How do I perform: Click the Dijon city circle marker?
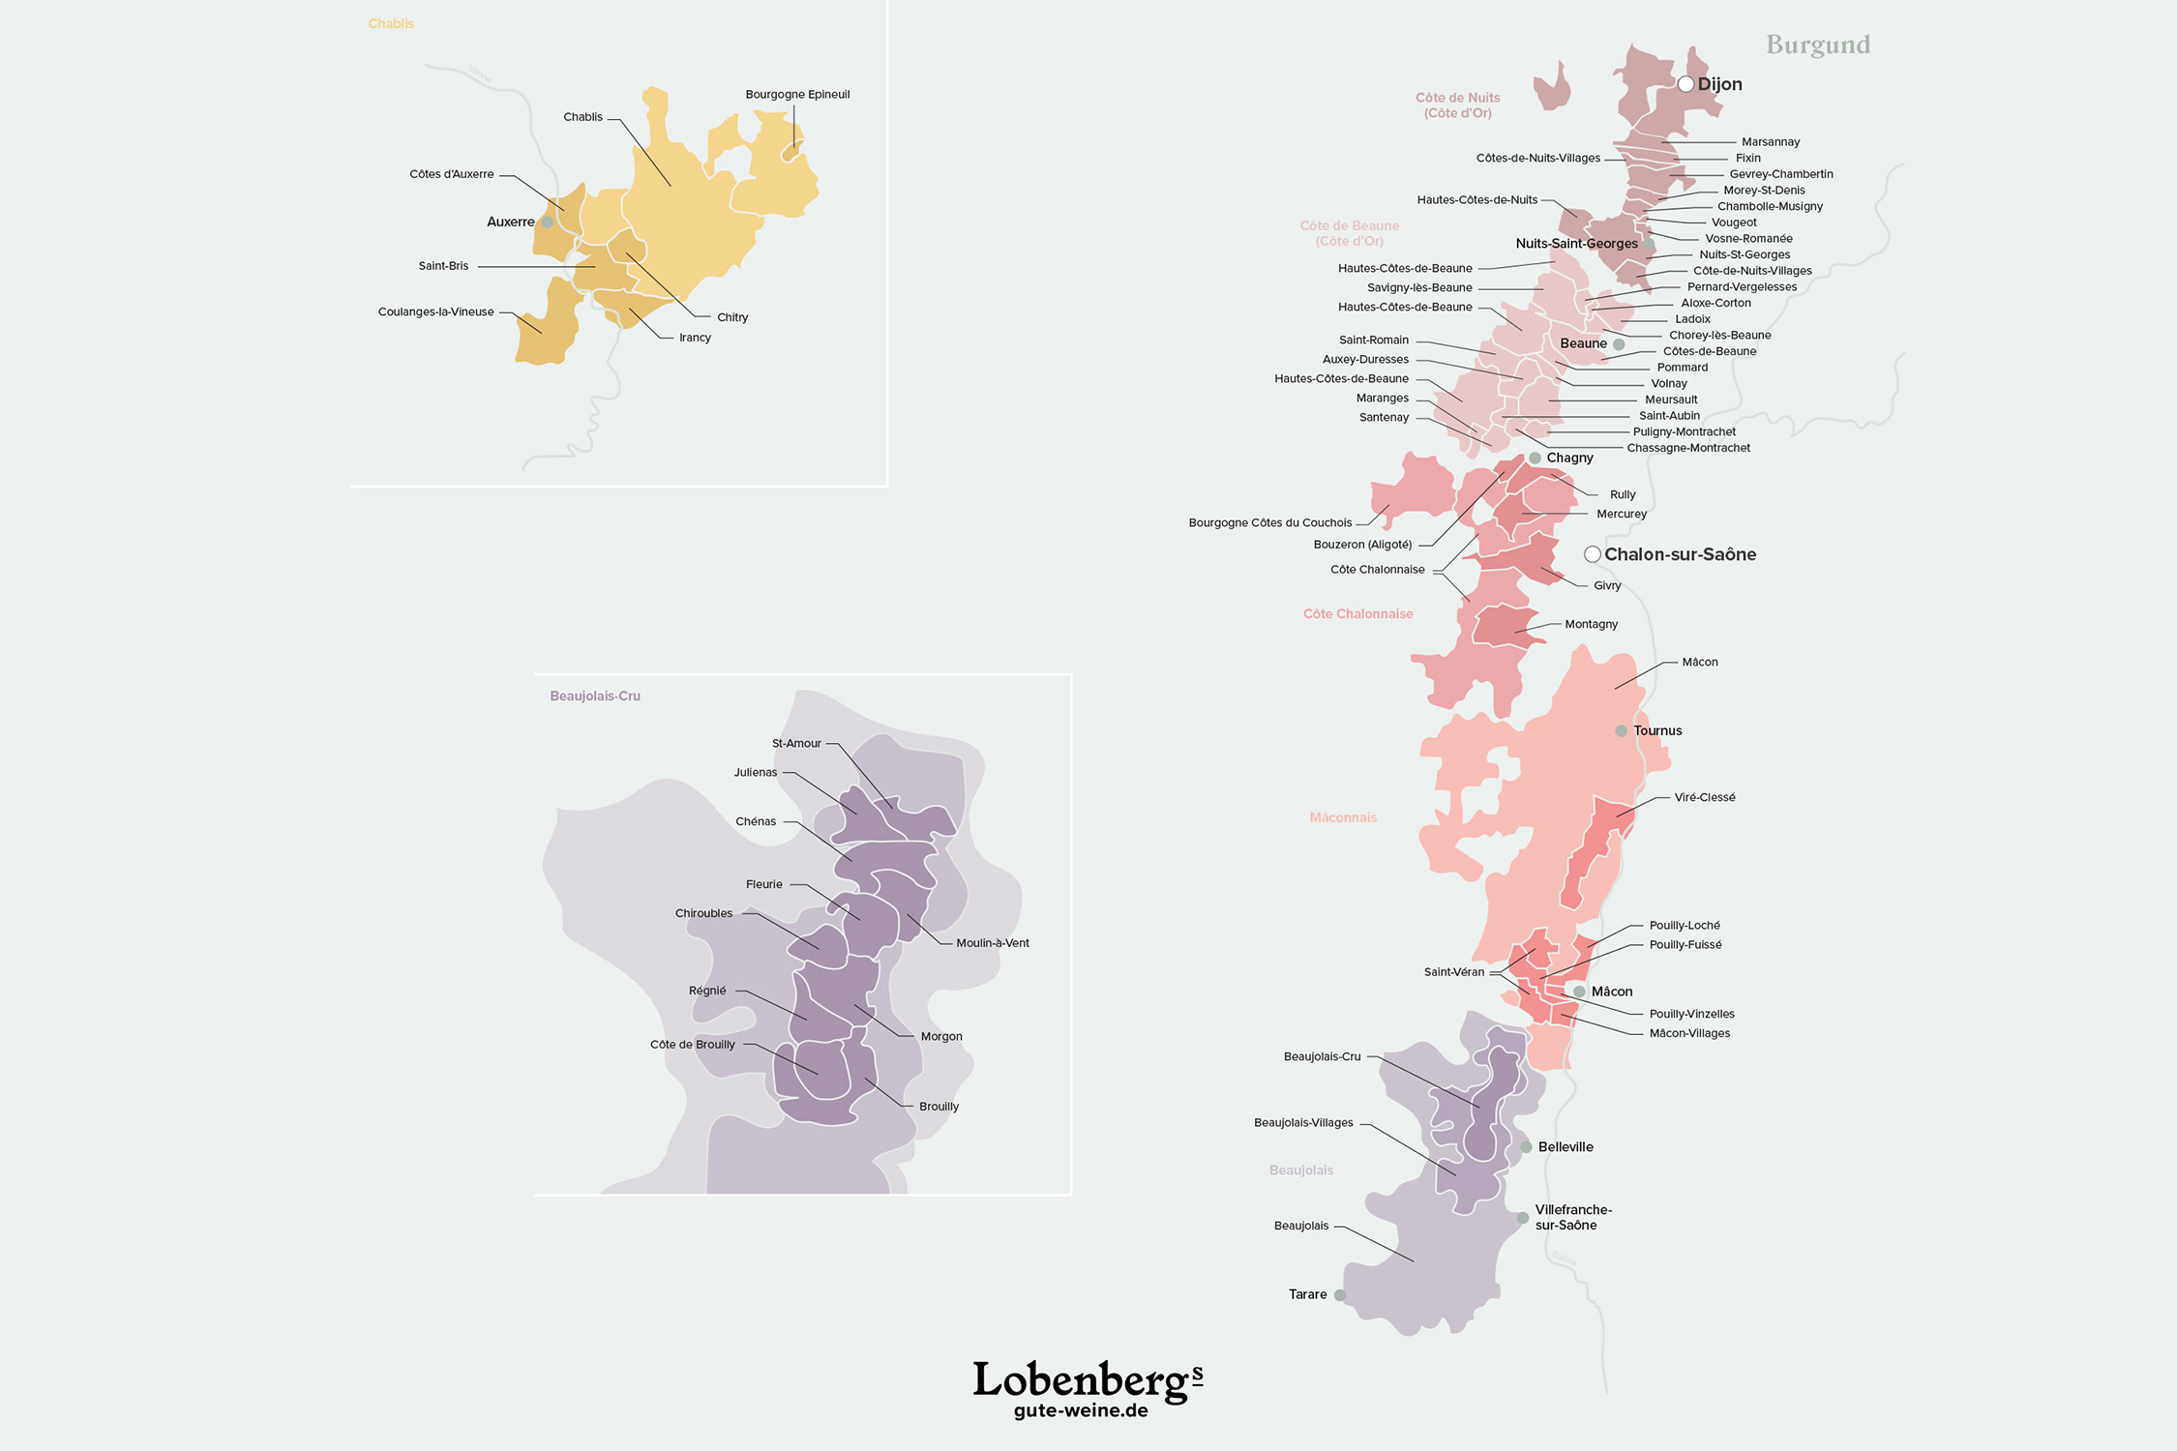1685,84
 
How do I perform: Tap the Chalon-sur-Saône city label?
1680,554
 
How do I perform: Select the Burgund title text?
1818,44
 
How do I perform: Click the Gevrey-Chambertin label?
1780,174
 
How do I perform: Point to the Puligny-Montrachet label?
1684,431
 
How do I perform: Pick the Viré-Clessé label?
1704,797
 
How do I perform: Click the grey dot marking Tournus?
1621,731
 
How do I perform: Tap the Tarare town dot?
1340,1294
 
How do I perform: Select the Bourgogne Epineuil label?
797,95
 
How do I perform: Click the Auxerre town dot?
547,222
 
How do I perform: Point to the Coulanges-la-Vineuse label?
435,311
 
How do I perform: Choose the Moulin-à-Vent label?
992,943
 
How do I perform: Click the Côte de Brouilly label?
692,1045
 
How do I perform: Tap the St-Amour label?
795,743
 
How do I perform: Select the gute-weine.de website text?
1080,1410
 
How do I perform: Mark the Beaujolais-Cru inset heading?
594,696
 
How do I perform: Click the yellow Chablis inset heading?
390,24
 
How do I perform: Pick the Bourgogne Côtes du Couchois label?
1269,522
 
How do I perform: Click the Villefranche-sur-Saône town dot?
1523,1218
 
